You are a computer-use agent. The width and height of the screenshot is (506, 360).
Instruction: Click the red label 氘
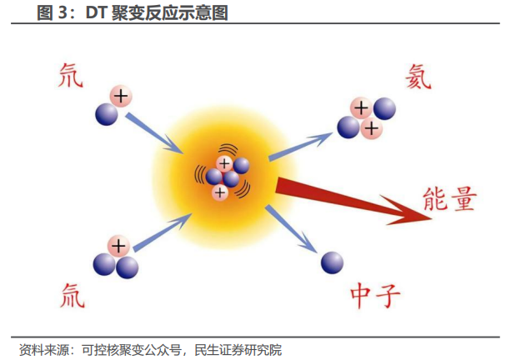pos(68,76)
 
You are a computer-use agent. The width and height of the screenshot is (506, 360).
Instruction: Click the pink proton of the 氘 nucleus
pos(120,96)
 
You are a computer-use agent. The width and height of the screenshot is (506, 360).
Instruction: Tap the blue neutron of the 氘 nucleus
pos(107,114)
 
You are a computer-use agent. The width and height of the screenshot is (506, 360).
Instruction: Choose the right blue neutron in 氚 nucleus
pos(127,267)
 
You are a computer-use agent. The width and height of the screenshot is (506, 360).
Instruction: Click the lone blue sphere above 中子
pos(332,262)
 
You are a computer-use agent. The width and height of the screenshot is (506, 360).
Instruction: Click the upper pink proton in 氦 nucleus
pos(362,107)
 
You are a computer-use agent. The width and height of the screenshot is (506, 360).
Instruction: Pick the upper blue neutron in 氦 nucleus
pos(383,107)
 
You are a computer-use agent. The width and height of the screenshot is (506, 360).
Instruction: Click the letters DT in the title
pos(97,12)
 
